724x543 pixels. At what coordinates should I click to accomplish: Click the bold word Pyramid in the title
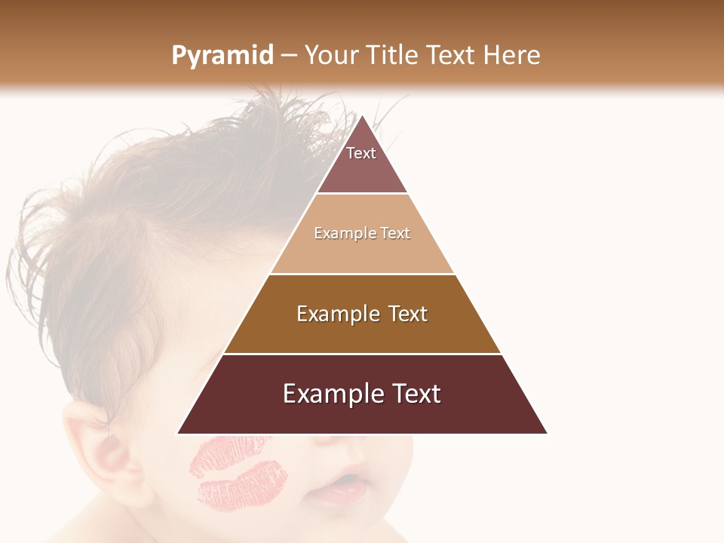(x=222, y=56)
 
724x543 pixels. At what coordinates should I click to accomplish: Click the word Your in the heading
(x=329, y=56)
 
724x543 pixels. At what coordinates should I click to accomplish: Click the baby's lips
(x=343, y=486)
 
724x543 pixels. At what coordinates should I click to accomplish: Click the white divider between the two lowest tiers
(x=362, y=354)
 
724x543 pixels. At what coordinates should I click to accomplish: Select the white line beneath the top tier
(x=362, y=194)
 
